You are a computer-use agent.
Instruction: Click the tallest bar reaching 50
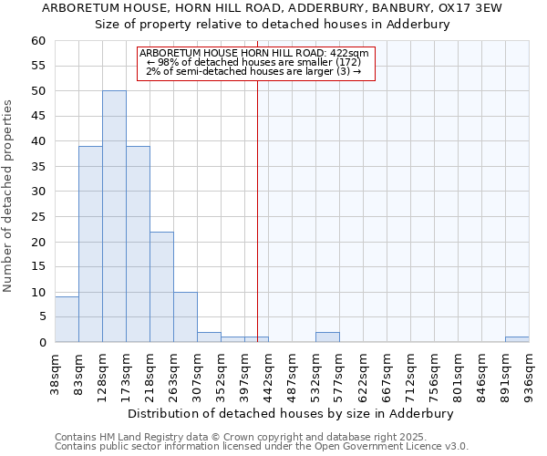[114, 216]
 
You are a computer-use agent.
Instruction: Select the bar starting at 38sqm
[67, 319]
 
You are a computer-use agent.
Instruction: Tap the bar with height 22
[161, 286]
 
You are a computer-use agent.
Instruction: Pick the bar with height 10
[185, 316]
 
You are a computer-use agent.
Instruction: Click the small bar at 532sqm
[327, 337]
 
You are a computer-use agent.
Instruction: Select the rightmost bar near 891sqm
[517, 339]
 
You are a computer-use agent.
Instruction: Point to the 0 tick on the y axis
[42, 342]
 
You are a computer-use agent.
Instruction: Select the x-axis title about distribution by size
[291, 413]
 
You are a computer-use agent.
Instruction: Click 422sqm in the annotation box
[350, 54]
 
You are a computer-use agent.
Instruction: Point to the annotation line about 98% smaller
[255, 62]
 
